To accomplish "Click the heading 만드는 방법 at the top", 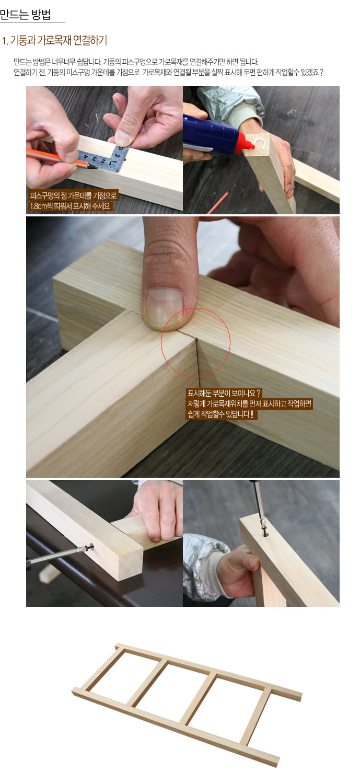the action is (26, 14).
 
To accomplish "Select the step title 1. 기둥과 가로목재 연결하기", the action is (54, 41).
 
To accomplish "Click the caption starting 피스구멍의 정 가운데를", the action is (73, 195).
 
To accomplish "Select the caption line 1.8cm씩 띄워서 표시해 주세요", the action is (71, 206).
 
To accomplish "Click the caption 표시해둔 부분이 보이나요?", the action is (224, 393).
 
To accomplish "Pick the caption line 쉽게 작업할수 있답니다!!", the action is (222, 414).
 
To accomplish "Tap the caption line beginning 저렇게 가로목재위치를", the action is (249, 404).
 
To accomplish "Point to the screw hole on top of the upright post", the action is (265, 535).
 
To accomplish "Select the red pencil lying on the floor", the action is (218, 202).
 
